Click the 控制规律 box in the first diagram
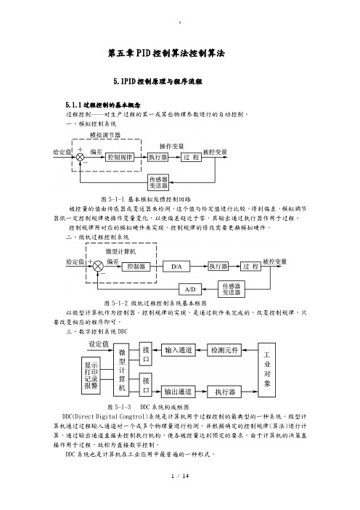pos(120,158)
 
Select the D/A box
pos(176,267)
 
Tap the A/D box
pos(190,289)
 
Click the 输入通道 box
pos(179,350)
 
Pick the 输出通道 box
pos(179,392)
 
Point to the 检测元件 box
pos(224,350)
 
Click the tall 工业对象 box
pos(267,370)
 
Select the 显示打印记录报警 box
pos(91,376)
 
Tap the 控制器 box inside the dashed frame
pos(136,267)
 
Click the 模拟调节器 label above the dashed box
pos(105,135)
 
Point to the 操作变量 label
pos(171,146)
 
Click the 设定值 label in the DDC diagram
pos(99,344)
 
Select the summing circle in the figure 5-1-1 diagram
pos(80,158)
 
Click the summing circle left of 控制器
pos(98,267)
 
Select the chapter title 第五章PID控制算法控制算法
pos(166,53)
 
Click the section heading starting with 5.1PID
pos(158,81)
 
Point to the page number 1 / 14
pos(180,476)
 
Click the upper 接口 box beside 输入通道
pos(146,354)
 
